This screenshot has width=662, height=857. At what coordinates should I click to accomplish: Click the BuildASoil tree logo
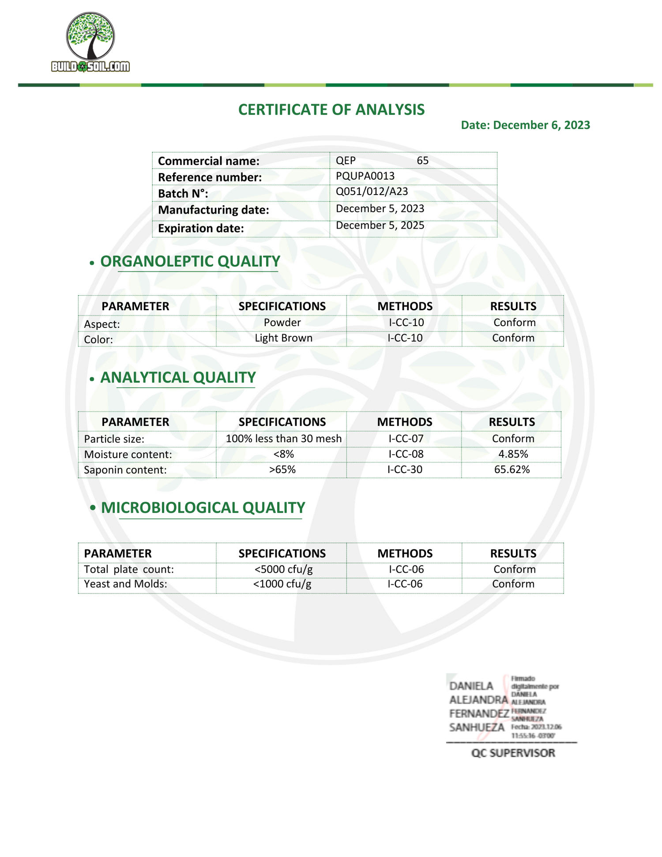click(x=90, y=42)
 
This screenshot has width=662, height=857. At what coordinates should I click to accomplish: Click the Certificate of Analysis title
click(x=331, y=109)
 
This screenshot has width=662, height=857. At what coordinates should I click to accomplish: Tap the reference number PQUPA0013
click(x=365, y=176)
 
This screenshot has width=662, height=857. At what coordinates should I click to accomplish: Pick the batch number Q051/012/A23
click(x=372, y=192)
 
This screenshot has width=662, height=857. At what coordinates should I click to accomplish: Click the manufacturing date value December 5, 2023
click(x=380, y=209)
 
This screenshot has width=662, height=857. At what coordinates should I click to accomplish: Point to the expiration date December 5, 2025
click(x=380, y=226)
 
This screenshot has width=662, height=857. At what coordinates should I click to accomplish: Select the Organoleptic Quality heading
click(x=190, y=261)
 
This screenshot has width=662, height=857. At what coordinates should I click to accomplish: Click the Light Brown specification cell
click(x=283, y=338)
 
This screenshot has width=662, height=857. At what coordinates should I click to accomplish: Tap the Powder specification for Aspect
click(x=282, y=323)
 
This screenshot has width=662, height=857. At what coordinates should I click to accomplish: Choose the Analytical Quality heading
click(x=178, y=378)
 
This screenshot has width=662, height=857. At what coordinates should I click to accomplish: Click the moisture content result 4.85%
click(x=513, y=454)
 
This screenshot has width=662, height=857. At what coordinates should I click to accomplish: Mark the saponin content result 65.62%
click(x=512, y=470)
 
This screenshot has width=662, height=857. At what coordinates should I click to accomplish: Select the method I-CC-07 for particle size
click(x=406, y=439)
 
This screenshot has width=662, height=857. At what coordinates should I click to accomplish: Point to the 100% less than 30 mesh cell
click(x=283, y=439)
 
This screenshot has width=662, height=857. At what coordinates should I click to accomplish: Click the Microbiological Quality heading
click(x=203, y=508)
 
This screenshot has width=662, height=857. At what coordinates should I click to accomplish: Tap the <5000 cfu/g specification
click(x=283, y=569)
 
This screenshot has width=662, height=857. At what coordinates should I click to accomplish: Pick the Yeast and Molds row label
click(x=125, y=584)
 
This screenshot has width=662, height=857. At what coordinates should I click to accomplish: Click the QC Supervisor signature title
click(x=513, y=753)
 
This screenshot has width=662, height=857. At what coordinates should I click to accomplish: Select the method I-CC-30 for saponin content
click(x=405, y=470)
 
